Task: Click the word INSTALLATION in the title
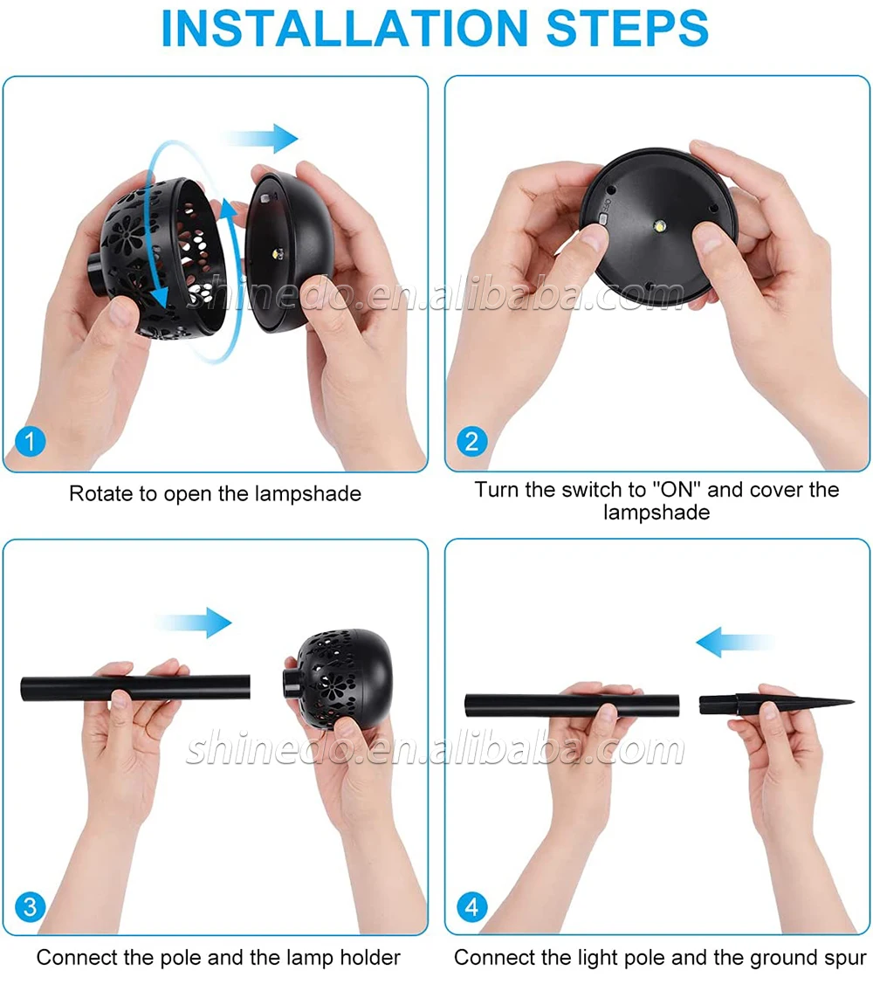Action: coord(344,29)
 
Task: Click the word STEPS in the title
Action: coord(627,29)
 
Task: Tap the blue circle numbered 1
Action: coord(31,441)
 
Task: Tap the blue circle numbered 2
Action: coord(471,441)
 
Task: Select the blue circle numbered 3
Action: coord(31,907)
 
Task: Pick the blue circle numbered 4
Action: coord(471,907)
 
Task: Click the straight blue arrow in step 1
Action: coord(260,138)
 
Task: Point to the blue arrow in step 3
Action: coord(194,623)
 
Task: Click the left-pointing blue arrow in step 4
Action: coord(734,642)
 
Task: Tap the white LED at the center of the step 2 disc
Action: coord(660,225)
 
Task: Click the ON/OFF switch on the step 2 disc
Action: coord(603,219)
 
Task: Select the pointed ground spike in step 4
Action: coord(776,703)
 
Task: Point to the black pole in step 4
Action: coord(572,705)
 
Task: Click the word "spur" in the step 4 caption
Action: coord(843,959)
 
